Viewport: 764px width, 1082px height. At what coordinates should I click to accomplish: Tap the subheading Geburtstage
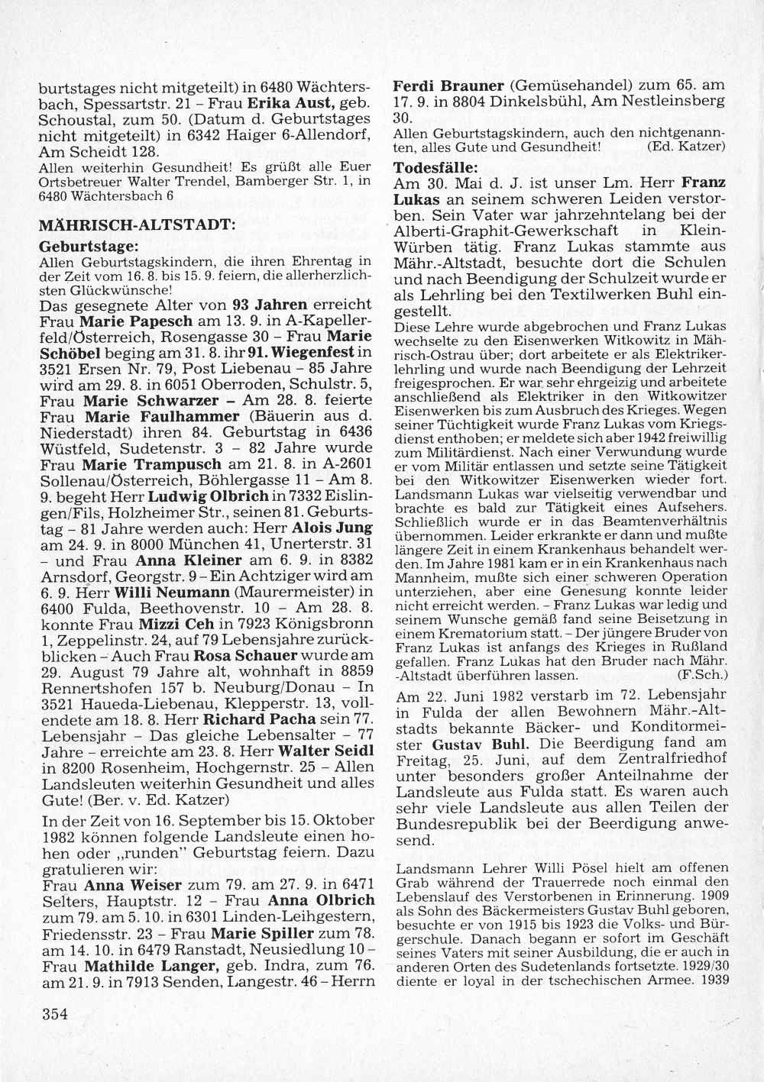tap(89, 247)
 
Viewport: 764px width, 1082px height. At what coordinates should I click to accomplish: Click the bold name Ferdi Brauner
tap(448, 86)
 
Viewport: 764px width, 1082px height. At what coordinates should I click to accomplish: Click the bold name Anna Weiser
tap(132, 886)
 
